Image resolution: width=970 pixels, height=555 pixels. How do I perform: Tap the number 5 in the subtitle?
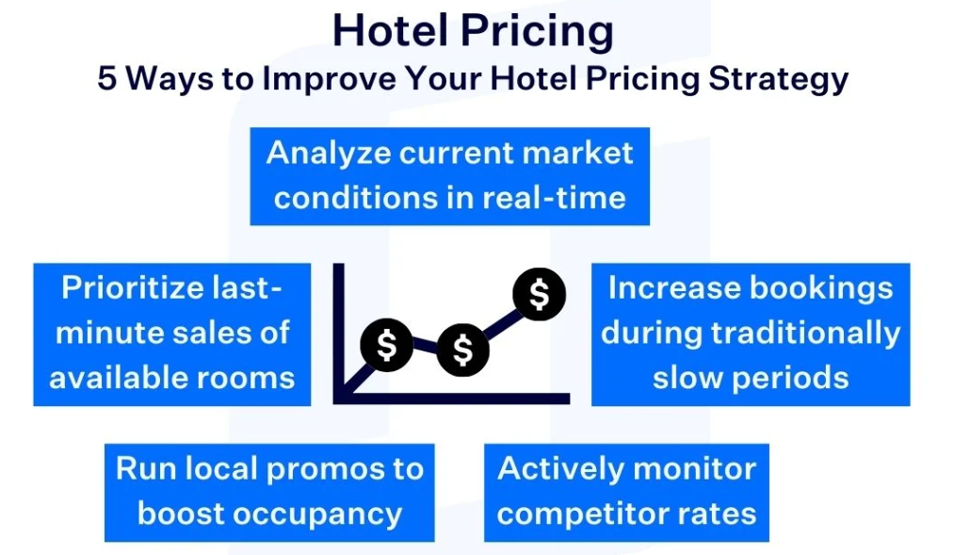pos(108,79)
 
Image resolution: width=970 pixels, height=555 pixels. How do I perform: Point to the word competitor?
pos(576,514)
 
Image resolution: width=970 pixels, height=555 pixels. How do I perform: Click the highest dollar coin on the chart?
pos(539,295)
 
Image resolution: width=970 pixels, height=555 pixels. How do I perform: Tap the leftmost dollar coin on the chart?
pos(386,345)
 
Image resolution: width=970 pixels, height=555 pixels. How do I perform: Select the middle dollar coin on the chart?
pos(462,351)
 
